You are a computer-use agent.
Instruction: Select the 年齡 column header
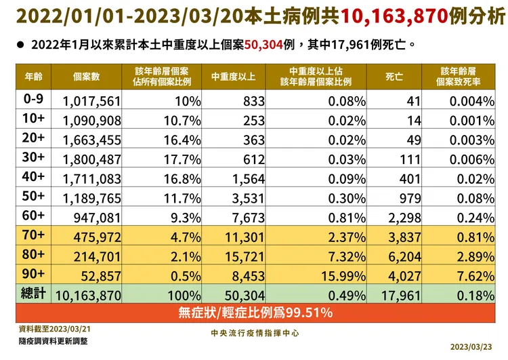(33, 75)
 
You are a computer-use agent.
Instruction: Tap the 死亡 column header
(394, 76)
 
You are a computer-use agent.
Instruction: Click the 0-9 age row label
(33, 100)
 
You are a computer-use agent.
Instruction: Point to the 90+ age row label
(33, 277)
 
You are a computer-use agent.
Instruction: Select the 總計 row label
(33, 296)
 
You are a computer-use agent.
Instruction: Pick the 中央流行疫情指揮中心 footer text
(255, 334)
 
